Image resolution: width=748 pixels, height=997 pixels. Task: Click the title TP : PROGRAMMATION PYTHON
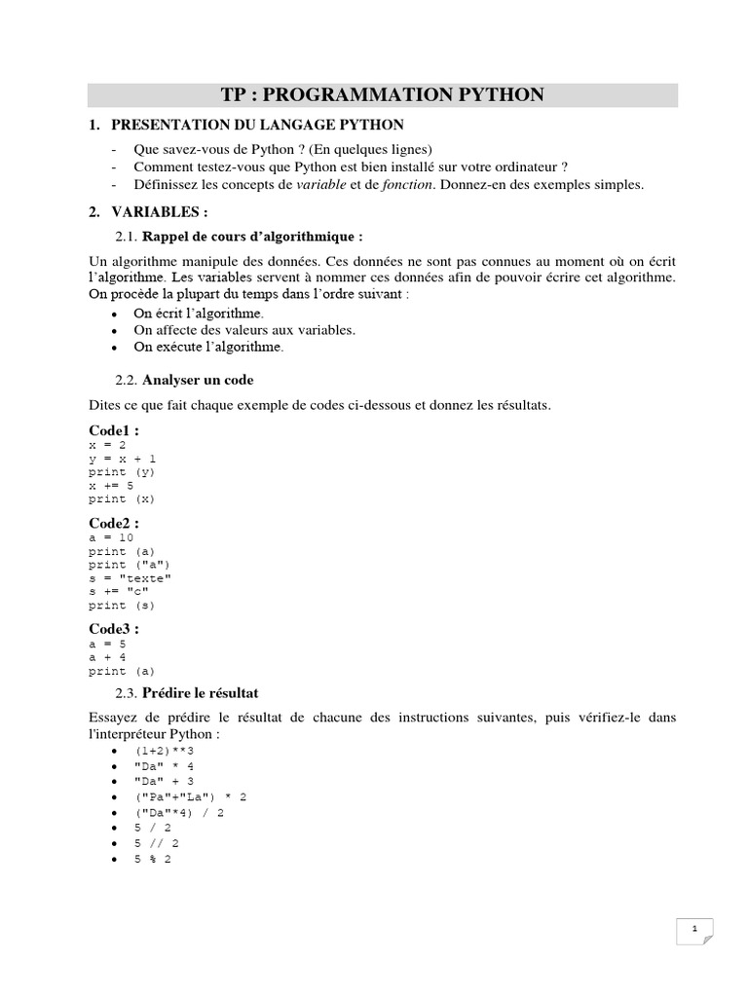(383, 94)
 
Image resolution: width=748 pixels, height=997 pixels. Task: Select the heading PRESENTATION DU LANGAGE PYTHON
(257, 126)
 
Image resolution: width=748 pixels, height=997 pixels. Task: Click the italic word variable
(320, 185)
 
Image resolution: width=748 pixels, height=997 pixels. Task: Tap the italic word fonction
(407, 185)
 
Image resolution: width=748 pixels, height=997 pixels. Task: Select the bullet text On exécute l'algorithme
(208, 347)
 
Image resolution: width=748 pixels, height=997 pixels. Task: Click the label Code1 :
(114, 429)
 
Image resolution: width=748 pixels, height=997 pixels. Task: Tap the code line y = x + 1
(122, 458)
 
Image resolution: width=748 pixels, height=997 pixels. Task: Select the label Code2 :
(114, 523)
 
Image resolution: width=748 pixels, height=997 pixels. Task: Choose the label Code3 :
(114, 629)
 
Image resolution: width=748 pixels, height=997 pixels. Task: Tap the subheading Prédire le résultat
(200, 693)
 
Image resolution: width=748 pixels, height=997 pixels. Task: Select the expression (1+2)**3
(166, 752)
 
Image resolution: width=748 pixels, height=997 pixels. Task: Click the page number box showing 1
(694, 930)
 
